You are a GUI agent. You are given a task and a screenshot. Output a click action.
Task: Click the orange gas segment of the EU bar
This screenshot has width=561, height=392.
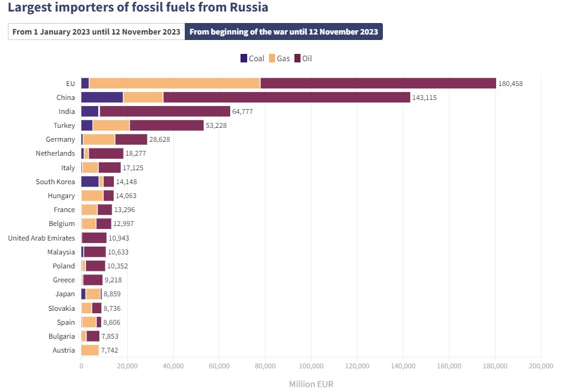tap(174, 84)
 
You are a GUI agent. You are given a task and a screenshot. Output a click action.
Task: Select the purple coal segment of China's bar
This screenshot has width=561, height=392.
tap(102, 98)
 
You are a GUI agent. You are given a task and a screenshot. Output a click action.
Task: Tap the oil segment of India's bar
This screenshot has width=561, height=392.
tap(165, 111)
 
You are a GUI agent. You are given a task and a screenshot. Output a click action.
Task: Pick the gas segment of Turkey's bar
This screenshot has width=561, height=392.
tap(111, 125)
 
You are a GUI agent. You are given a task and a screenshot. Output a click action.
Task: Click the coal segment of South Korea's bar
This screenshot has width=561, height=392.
tap(90, 182)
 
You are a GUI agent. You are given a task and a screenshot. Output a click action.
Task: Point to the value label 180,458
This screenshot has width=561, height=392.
tap(510, 84)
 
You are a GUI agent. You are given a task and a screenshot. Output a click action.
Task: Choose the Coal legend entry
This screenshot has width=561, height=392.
tap(253, 59)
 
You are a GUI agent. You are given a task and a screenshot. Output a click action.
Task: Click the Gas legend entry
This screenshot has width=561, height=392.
tap(280, 59)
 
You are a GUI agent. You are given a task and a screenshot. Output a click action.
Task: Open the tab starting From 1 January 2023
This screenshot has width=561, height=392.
tap(96, 32)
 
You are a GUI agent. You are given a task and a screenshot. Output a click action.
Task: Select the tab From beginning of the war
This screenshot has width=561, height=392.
tap(284, 32)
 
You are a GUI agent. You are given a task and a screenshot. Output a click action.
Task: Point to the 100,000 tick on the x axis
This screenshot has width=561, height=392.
tap(311, 366)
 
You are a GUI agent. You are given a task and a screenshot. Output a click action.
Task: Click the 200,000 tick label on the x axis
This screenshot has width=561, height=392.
tap(540, 366)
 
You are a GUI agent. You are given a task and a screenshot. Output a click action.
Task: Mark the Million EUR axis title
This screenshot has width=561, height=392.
tap(311, 384)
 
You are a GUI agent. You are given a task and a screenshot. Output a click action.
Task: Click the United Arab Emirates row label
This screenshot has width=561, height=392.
tap(41, 238)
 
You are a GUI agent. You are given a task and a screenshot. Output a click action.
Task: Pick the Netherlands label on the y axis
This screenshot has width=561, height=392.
tap(55, 154)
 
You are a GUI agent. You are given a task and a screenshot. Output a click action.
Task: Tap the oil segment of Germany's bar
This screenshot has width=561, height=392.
tap(131, 139)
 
